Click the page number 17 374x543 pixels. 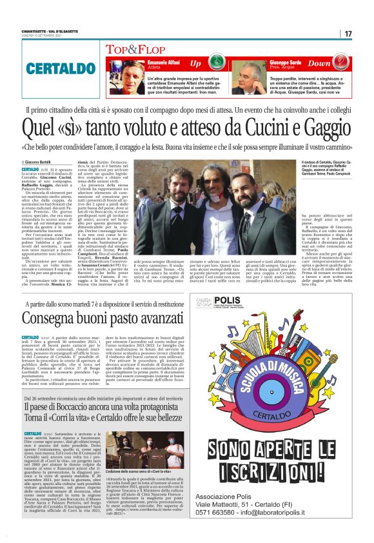(x=348, y=34)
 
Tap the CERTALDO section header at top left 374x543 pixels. (x=54, y=68)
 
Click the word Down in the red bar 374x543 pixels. (x=319, y=64)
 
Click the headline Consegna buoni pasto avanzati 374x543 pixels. (x=99, y=317)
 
